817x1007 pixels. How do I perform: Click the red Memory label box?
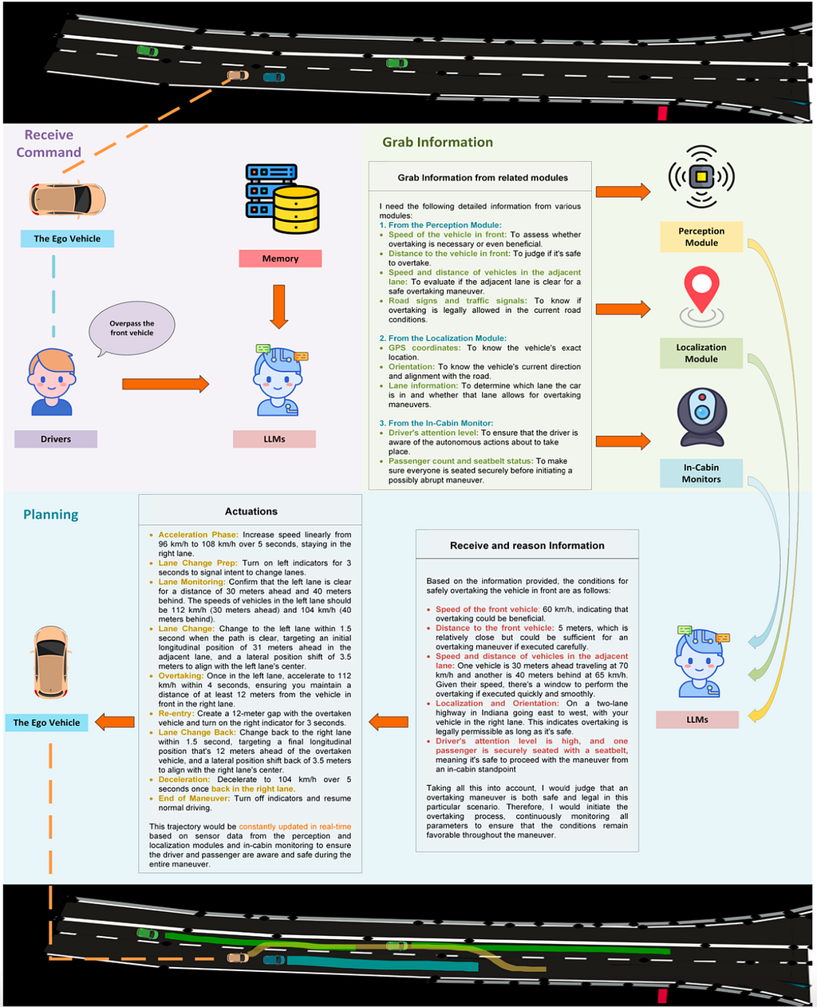pyautogui.click(x=280, y=259)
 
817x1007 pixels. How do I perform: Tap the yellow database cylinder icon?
pyautogui.click(x=296, y=209)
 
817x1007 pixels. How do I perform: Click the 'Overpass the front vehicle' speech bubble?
pyautogui.click(x=132, y=329)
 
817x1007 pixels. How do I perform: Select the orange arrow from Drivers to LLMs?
pyautogui.click(x=165, y=384)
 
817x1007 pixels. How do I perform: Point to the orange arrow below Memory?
pyautogui.click(x=279, y=306)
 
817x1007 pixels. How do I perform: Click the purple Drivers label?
pyautogui.click(x=56, y=439)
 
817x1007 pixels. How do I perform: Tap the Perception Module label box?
pyautogui.click(x=701, y=237)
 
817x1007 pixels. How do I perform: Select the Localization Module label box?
pyautogui.click(x=701, y=353)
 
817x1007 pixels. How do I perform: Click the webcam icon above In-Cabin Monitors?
pyautogui.click(x=702, y=417)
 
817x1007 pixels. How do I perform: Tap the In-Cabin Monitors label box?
pyautogui.click(x=701, y=473)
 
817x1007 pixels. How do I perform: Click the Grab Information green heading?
pyautogui.click(x=437, y=142)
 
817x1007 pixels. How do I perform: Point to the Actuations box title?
pyautogui.click(x=251, y=511)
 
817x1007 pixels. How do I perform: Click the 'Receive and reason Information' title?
pyautogui.click(x=527, y=546)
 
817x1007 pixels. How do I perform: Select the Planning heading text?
pyautogui.click(x=50, y=515)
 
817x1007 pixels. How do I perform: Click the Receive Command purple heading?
pyautogui.click(x=49, y=144)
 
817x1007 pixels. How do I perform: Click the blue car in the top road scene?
pyautogui.click(x=274, y=77)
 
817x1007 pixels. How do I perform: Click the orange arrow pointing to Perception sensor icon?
pyautogui.click(x=623, y=192)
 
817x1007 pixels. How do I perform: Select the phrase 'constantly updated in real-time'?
pyautogui.click(x=295, y=827)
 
